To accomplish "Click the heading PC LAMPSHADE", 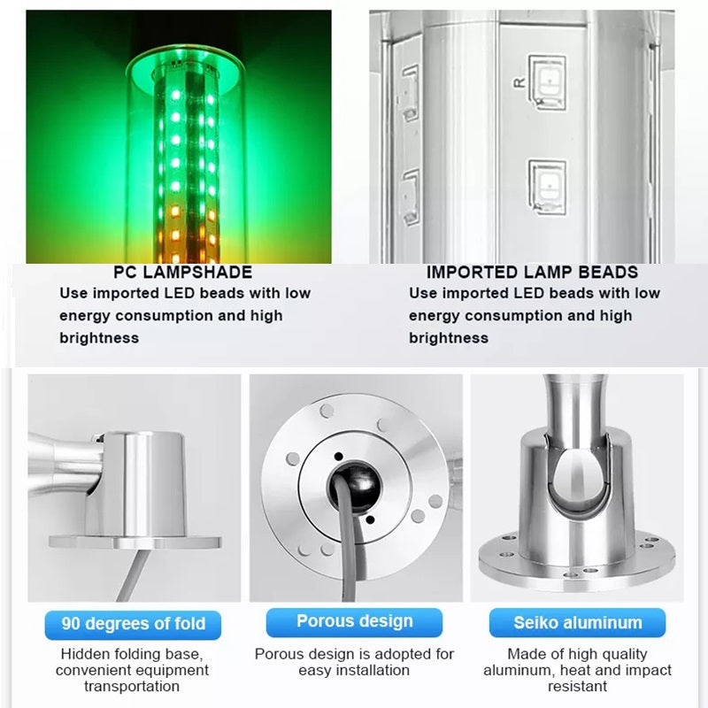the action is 182,273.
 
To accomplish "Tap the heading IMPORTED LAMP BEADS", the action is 532,273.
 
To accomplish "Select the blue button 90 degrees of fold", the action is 133,625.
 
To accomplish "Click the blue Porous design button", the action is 355,622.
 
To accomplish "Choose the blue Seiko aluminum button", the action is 578,623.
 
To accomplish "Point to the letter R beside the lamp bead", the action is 519,82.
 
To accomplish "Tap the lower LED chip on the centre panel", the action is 548,187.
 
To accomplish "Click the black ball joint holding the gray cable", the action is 355,488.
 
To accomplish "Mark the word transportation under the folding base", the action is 132,687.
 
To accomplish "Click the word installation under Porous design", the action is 354,670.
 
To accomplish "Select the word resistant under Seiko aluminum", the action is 578,687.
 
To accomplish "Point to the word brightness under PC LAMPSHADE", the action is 99,338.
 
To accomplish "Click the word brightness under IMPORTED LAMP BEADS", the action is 449,338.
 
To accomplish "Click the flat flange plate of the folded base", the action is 135,543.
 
